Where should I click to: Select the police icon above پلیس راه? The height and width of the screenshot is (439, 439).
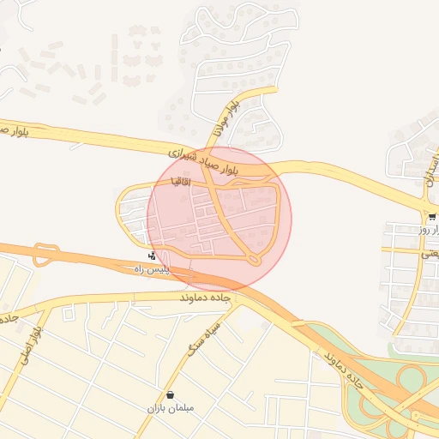[x=152, y=256]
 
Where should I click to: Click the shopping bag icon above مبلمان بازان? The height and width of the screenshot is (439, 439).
[x=171, y=395]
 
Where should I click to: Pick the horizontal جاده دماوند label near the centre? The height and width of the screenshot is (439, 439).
[x=206, y=298]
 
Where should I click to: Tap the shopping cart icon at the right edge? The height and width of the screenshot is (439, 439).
[x=431, y=217]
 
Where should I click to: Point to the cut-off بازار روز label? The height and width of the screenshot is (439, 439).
[x=428, y=230]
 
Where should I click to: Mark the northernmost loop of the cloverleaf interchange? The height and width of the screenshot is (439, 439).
[x=412, y=377]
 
